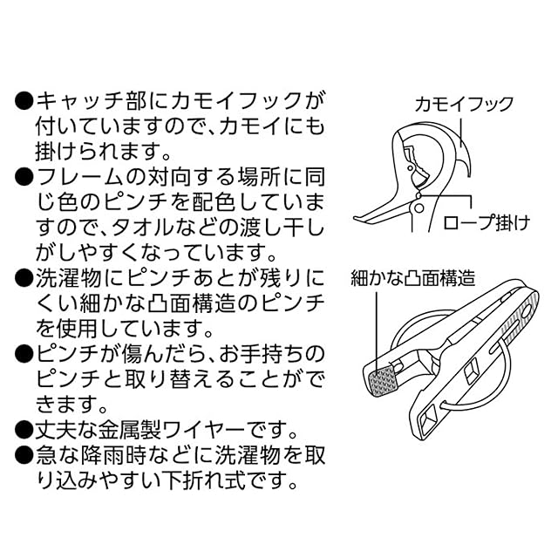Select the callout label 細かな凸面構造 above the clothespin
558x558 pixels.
point(412,279)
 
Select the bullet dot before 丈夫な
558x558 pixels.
point(24,431)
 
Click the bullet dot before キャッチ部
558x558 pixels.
point(24,100)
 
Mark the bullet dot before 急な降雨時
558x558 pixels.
point(24,456)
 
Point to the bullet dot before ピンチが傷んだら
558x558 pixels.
point(24,354)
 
